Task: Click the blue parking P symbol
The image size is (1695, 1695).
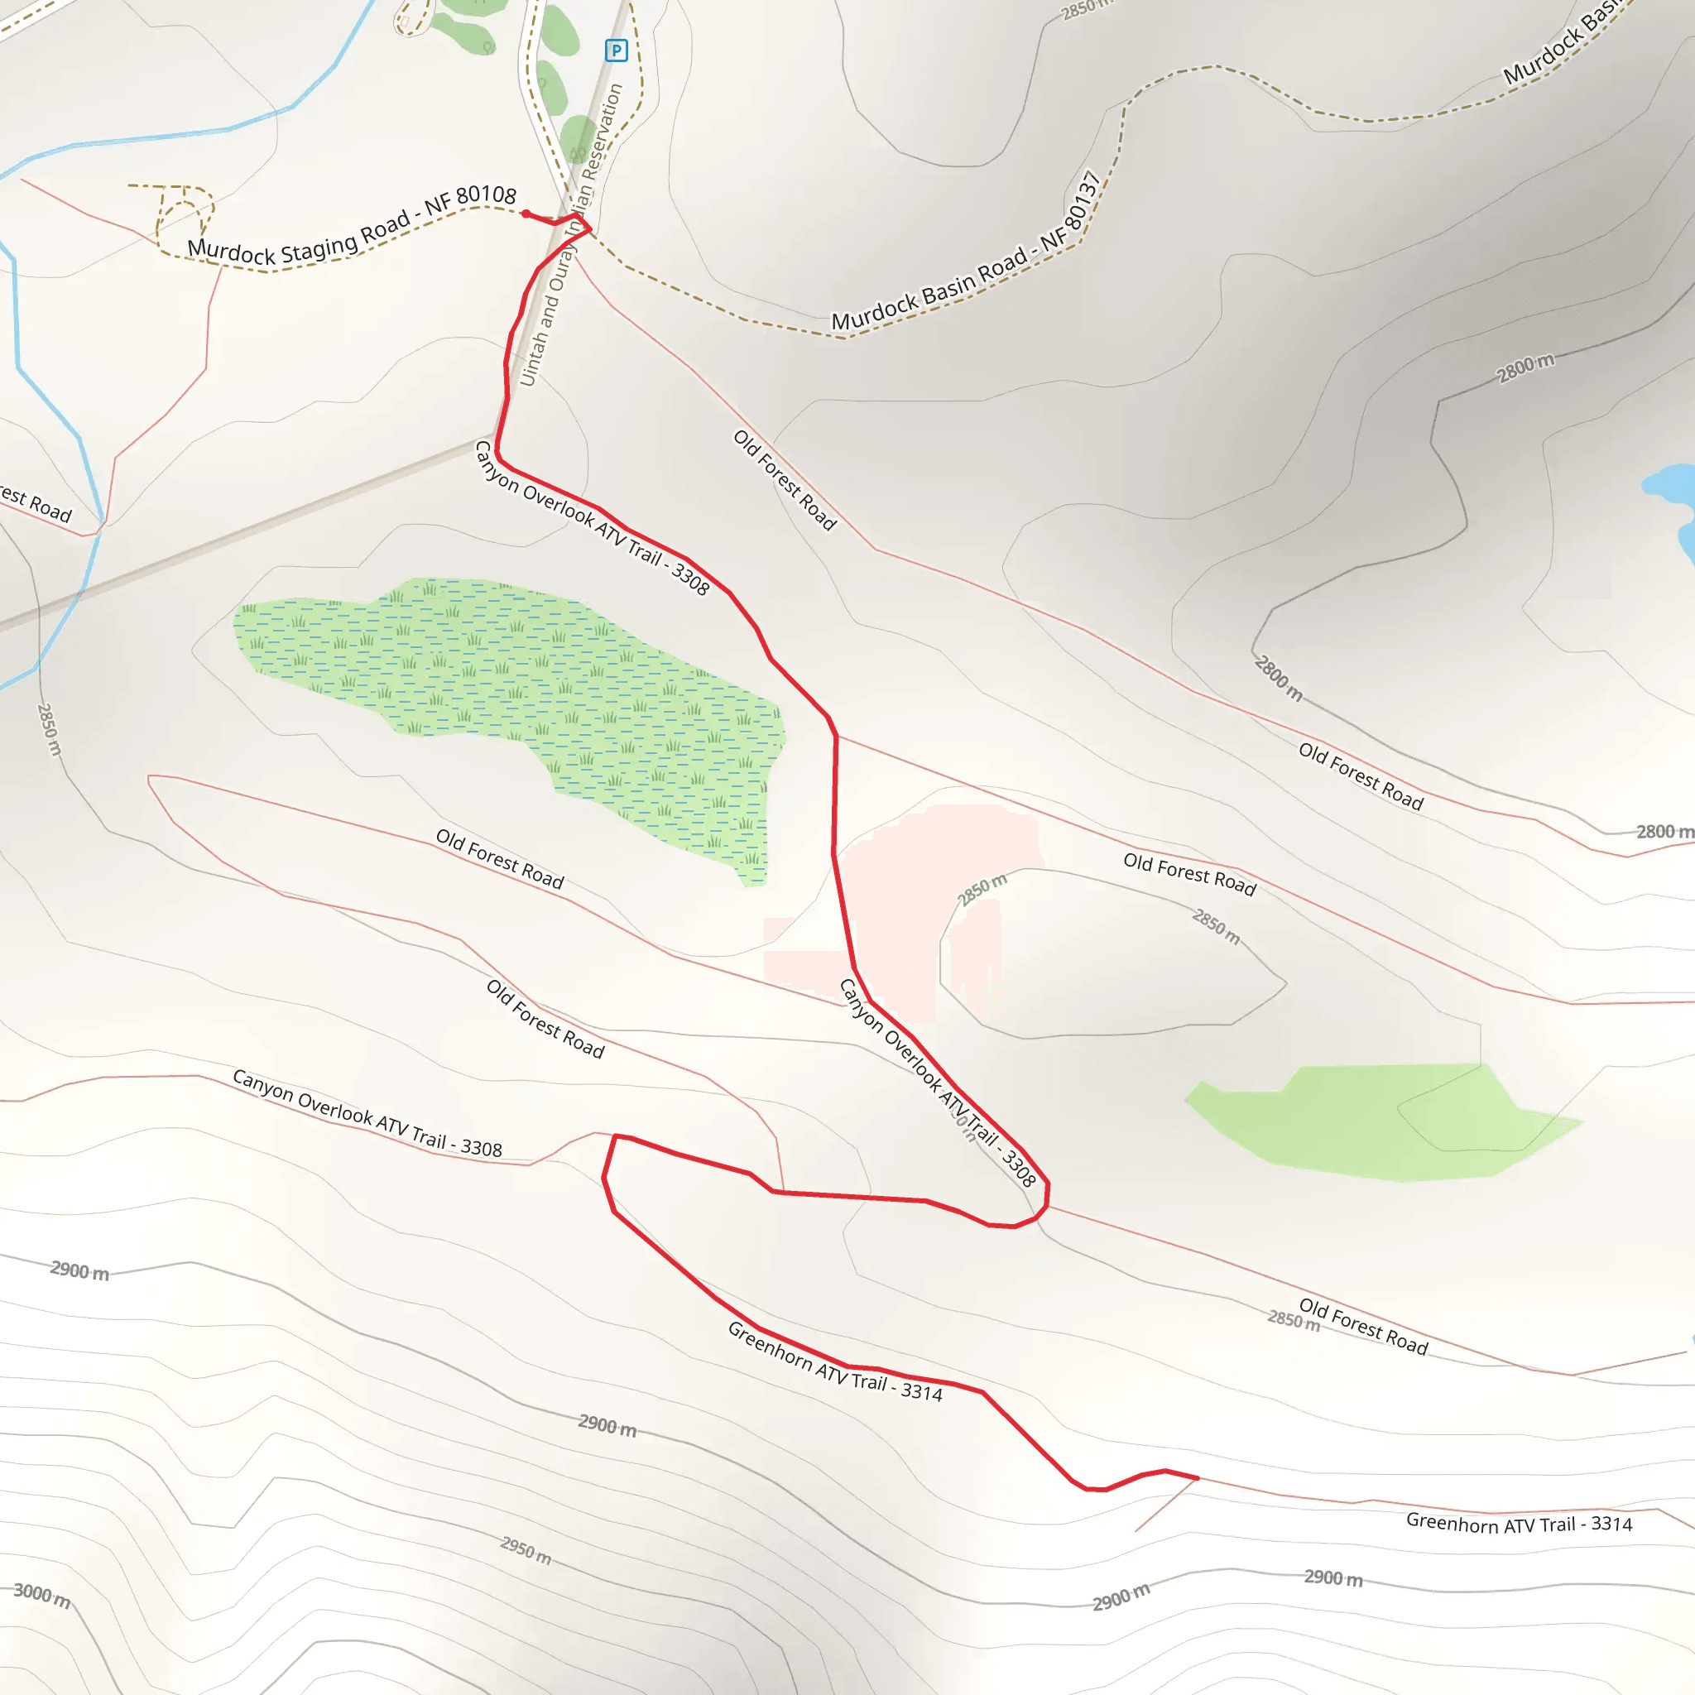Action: tap(616, 50)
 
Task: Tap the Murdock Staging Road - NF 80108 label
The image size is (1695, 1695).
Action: tap(352, 230)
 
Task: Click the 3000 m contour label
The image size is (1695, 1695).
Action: tap(41, 1595)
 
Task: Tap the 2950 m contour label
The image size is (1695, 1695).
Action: tap(526, 1550)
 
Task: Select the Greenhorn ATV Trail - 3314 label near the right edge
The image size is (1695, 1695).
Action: tap(1519, 1523)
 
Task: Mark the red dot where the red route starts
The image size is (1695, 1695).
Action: tap(525, 214)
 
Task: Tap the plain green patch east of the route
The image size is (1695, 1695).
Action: tap(1386, 1122)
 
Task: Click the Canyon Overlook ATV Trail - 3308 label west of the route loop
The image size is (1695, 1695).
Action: tap(367, 1113)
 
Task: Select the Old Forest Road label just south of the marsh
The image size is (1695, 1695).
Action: tap(500, 859)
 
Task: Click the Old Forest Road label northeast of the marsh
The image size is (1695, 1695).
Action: tap(785, 479)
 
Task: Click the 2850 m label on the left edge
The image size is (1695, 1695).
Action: tap(49, 729)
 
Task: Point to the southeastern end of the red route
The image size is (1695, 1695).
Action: tap(1198, 1478)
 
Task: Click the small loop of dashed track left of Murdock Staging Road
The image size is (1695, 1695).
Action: tap(185, 215)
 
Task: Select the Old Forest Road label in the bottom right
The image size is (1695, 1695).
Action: tap(1363, 1327)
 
